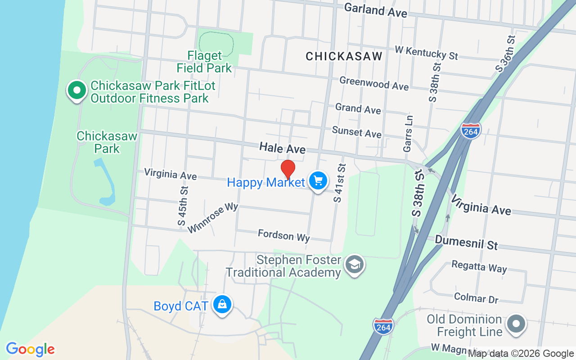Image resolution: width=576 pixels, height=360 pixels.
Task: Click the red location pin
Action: pos(288,169)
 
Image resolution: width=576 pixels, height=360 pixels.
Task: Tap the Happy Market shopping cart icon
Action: pos(318,181)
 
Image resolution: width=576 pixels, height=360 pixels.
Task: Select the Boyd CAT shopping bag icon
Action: pos(222,305)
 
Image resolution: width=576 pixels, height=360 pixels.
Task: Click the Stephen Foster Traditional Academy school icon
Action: pos(355,265)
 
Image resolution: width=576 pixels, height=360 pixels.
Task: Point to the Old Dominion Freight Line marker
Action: pos(516,324)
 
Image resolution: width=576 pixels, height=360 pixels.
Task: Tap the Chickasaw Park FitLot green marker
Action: pos(77,90)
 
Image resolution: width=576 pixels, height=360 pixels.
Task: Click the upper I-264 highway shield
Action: pos(471,130)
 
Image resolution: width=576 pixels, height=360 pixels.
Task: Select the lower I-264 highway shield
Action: pos(383,326)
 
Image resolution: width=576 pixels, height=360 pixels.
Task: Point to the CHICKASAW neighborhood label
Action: pos(344,56)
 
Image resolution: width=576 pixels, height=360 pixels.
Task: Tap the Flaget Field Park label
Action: pos(204,62)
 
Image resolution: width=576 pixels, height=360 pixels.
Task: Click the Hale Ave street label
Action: pos(282,148)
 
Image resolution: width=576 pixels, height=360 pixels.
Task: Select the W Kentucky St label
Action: pos(426,52)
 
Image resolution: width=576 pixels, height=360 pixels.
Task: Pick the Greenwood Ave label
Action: pos(374,83)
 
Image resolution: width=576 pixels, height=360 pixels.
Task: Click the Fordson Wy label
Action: pos(283,235)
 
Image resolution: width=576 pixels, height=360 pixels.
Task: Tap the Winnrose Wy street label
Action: pos(212,218)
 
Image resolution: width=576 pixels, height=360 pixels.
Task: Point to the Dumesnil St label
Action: pos(466,243)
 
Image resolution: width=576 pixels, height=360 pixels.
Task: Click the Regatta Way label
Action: pos(479,266)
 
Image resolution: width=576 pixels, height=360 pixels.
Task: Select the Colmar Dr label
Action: pos(476,297)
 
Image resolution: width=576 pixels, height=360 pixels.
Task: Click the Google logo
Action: pos(30,349)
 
